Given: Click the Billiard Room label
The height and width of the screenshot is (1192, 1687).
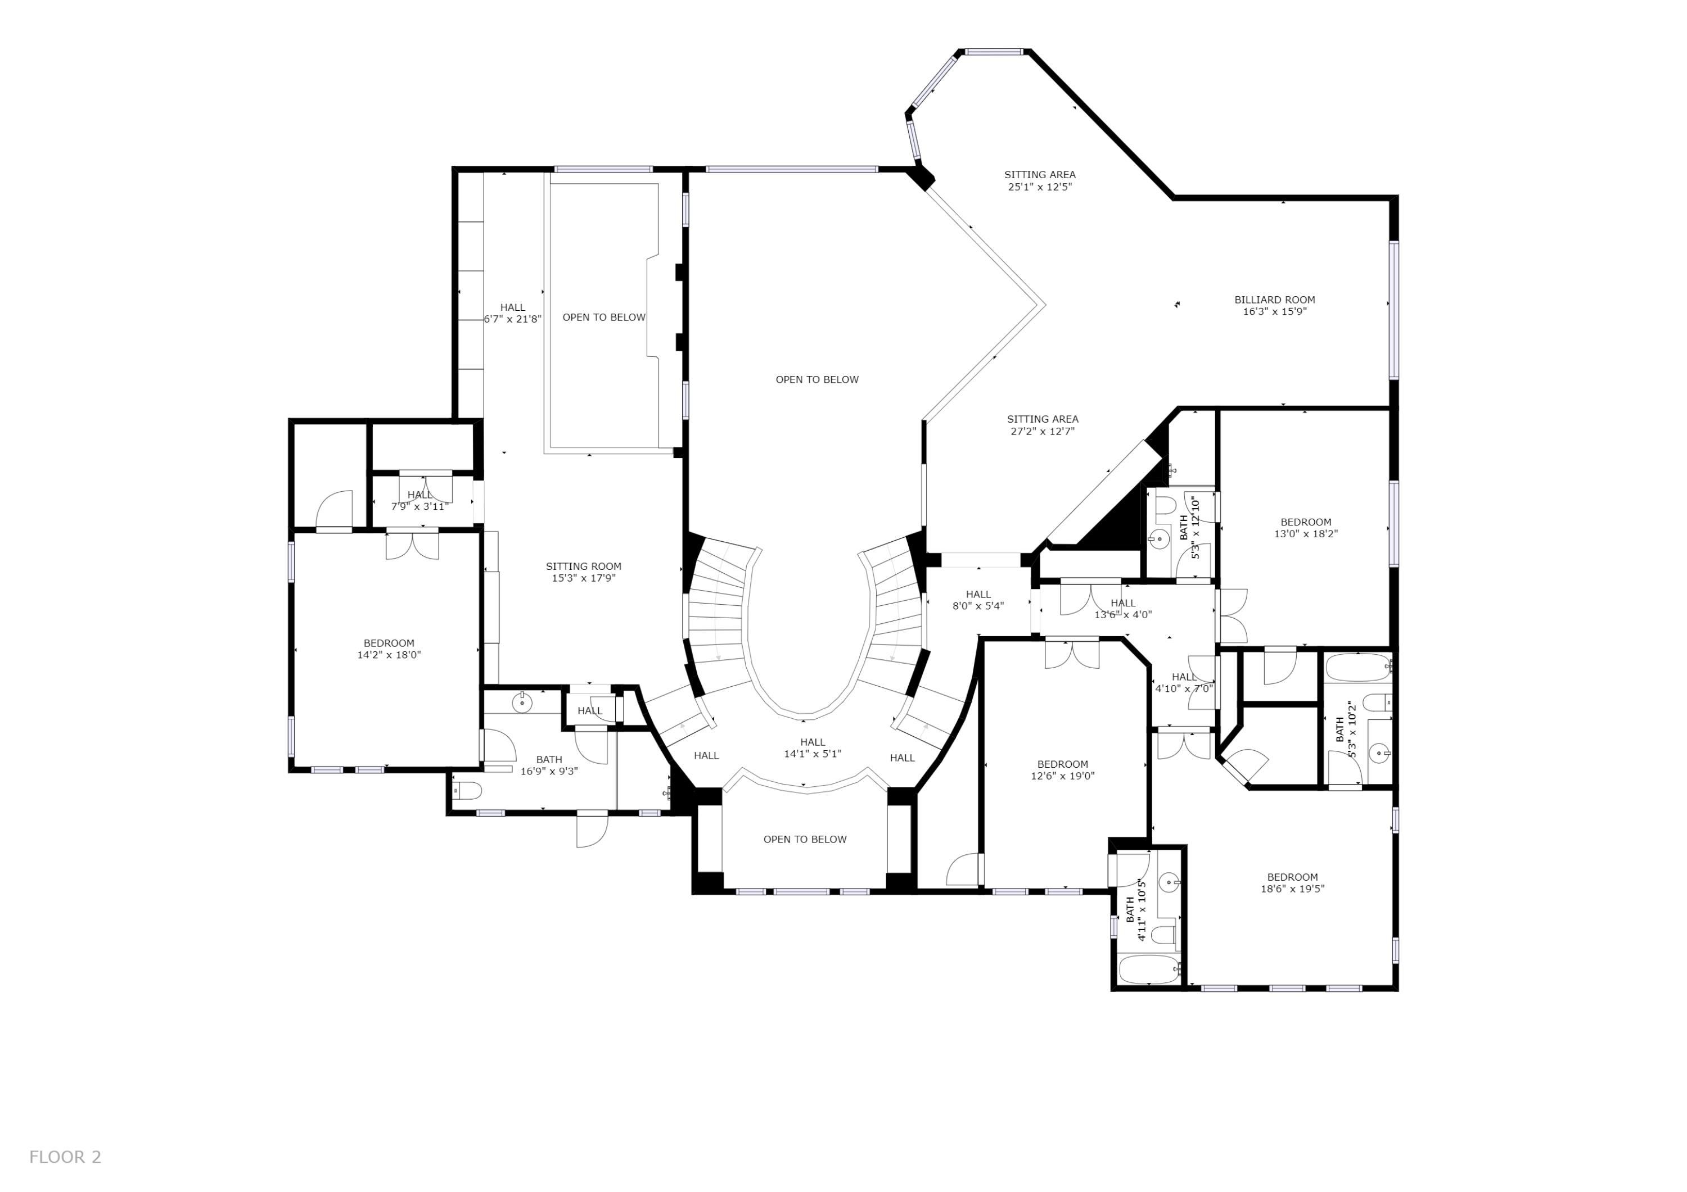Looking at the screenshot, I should (1274, 300).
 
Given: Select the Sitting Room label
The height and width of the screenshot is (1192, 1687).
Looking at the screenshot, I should (583, 566).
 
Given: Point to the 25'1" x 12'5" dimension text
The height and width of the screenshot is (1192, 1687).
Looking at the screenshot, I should (1040, 187).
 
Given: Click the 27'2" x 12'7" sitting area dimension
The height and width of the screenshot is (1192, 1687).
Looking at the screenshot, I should (1043, 431).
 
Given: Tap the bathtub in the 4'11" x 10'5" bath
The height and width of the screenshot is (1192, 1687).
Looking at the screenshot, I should (1148, 969).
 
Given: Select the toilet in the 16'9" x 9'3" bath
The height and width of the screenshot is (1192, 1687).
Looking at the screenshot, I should (468, 790).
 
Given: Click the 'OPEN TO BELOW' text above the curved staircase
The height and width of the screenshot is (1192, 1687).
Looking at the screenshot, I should (817, 380).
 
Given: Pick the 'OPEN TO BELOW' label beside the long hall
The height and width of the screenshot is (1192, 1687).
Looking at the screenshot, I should (604, 318).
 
